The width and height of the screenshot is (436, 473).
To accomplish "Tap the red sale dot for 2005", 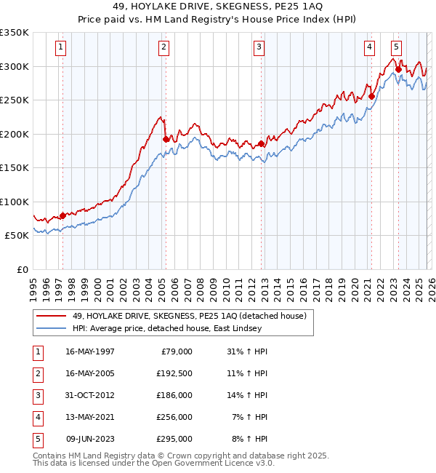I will click(166, 139).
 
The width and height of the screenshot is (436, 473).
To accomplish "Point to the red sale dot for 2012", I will click(261, 143).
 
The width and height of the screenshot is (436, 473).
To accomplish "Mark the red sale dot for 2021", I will click(371, 96).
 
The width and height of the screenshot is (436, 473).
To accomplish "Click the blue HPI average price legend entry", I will click(166, 328).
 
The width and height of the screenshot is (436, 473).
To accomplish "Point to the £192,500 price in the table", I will click(174, 373).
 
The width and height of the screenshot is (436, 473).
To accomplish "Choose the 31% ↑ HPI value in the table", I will click(247, 351).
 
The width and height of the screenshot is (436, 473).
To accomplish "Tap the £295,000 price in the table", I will click(174, 439).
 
